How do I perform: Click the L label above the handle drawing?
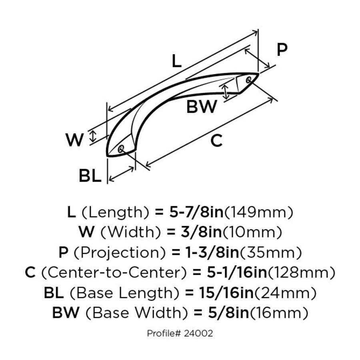coord(176,61)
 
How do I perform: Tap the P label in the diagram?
coord(282,50)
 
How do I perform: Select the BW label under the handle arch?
coord(202,107)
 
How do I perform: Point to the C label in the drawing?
coord(216,140)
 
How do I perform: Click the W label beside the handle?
coord(75,140)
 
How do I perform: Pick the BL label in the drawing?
coord(90,176)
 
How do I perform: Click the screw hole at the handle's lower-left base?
coord(121,149)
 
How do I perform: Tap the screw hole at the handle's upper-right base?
coord(249,79)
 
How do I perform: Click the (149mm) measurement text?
coord(258,212)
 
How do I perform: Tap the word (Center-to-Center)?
coord(114,273)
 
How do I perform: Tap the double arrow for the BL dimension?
coord(121,175)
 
